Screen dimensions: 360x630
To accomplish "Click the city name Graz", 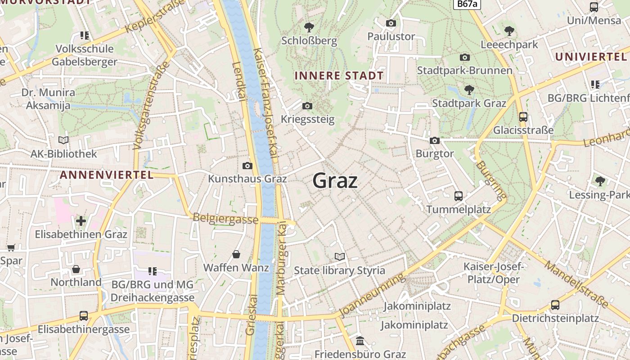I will tap(335, 181).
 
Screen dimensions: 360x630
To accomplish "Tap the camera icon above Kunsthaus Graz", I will tap(247, 166).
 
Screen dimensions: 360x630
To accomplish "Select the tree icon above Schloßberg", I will tap(309, 27).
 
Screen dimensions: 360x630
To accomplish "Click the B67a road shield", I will tap(467, 4).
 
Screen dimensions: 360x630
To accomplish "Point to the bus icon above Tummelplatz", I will tap(458, 196).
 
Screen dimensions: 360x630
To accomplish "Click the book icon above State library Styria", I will tap(340, 256).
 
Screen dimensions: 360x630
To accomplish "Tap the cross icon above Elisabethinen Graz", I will tap(81, 221).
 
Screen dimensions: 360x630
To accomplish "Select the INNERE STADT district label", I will tap(339, 76).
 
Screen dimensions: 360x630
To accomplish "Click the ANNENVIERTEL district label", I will tap(107, 175).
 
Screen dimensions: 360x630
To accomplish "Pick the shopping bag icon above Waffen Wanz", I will tap(236, 254).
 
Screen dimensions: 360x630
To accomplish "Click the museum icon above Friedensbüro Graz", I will tap(360, 341).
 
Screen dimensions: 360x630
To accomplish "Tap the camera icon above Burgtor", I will tap(434, 140).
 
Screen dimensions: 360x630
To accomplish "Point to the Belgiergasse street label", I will tap(225, 219).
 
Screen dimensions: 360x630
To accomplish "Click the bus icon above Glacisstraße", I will tap(523, 117).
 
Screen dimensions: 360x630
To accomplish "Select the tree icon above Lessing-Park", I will tap(600, 181).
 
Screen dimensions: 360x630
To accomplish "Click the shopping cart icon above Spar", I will tap(11, 247).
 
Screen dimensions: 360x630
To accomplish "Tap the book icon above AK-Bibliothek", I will tap(63, 140).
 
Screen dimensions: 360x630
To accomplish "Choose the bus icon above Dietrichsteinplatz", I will tap(555, 305).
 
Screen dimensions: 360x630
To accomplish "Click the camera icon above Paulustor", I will tap(391, 23).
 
